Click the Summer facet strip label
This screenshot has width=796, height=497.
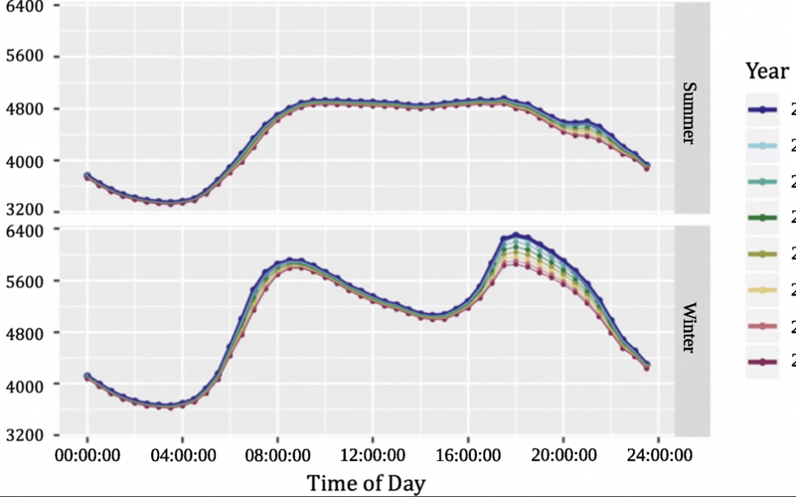pos(688,113)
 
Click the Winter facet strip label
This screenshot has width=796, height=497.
pos(688,328)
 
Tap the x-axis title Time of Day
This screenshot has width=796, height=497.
pos(366,483)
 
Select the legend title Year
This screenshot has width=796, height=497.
pos(767,71)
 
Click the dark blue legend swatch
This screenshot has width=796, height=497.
pos(762,110)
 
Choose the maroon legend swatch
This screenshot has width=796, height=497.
pos(762,362)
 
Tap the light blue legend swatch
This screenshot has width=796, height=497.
pos(762,146)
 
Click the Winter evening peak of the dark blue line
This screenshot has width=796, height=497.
pos(516,235)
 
